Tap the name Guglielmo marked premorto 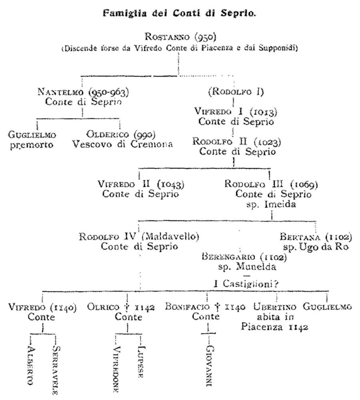32,135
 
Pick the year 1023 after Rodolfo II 266,142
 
